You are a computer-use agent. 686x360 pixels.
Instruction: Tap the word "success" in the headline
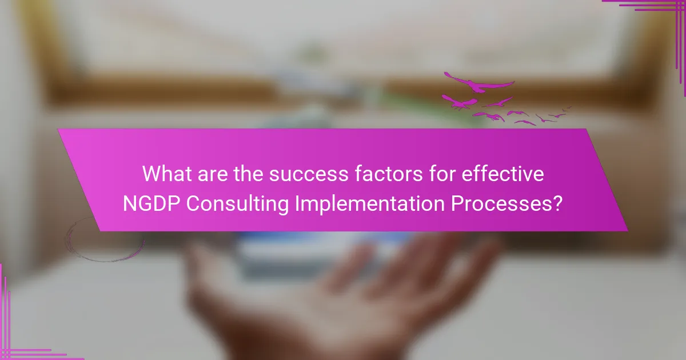309,174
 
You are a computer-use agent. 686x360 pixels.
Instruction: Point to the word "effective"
502,174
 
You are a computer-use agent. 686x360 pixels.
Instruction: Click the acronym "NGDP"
151,203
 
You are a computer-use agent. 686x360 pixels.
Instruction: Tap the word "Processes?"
507,203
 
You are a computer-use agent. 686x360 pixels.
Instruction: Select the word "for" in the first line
442,174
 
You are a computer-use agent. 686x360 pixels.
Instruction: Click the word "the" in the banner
248,174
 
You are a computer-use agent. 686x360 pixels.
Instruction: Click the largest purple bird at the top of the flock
479,83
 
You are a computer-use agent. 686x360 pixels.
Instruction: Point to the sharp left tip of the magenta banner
58,129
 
